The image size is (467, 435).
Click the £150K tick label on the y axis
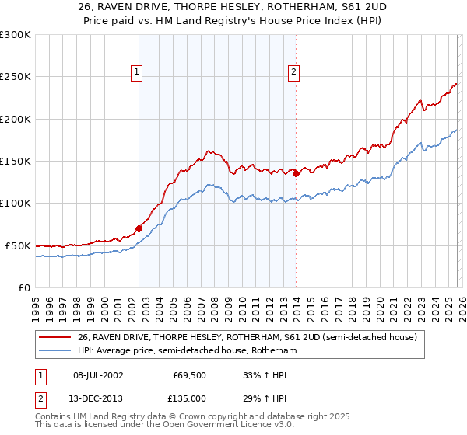coord(15,161)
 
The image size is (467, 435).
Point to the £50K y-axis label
coord(17,245)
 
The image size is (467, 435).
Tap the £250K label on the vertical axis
coord(15,77)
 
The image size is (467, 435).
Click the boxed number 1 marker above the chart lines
coord(137,73)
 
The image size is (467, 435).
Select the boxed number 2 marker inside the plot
coord(294,73)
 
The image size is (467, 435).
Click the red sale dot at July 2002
coord(139,228)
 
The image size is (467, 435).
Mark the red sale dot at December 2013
coord(296,173)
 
